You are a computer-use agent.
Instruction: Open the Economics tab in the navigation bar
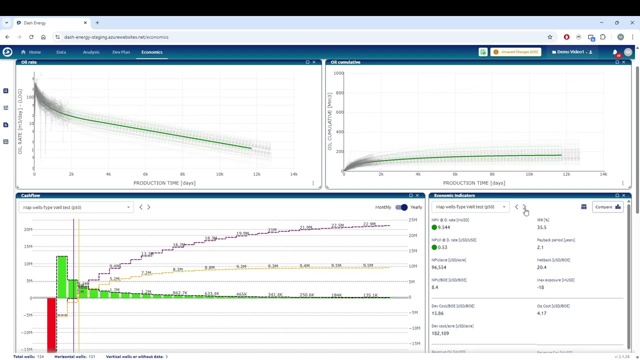tap(151, 52)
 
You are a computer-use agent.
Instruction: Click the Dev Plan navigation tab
tap(121, 52)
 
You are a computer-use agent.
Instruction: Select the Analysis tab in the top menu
tap(91, 52)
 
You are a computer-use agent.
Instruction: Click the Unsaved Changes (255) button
tap(516, 52)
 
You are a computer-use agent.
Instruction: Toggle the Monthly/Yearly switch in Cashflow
tap(401, 207)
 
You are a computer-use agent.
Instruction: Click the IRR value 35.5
tap(541, 227)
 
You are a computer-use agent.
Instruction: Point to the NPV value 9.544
tap(443, 227)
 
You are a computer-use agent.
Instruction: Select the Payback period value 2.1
tap(540, 247)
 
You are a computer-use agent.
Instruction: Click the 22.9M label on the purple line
tap(369, 224)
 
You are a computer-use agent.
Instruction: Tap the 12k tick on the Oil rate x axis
tap(256, 174)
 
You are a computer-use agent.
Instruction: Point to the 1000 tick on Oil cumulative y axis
tap(338, 73)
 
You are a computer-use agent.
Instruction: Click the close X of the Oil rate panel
tap(314, 62)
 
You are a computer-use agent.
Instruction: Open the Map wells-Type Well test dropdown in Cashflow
tap(76, 207)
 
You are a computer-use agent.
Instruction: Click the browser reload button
tap(31, 37)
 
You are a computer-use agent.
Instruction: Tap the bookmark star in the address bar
tap(549, 37)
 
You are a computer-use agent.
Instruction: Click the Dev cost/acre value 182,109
tap(440, 333)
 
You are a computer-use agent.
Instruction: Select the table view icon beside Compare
tap(583, 207)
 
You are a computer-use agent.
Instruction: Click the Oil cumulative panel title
tap(345, 62)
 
